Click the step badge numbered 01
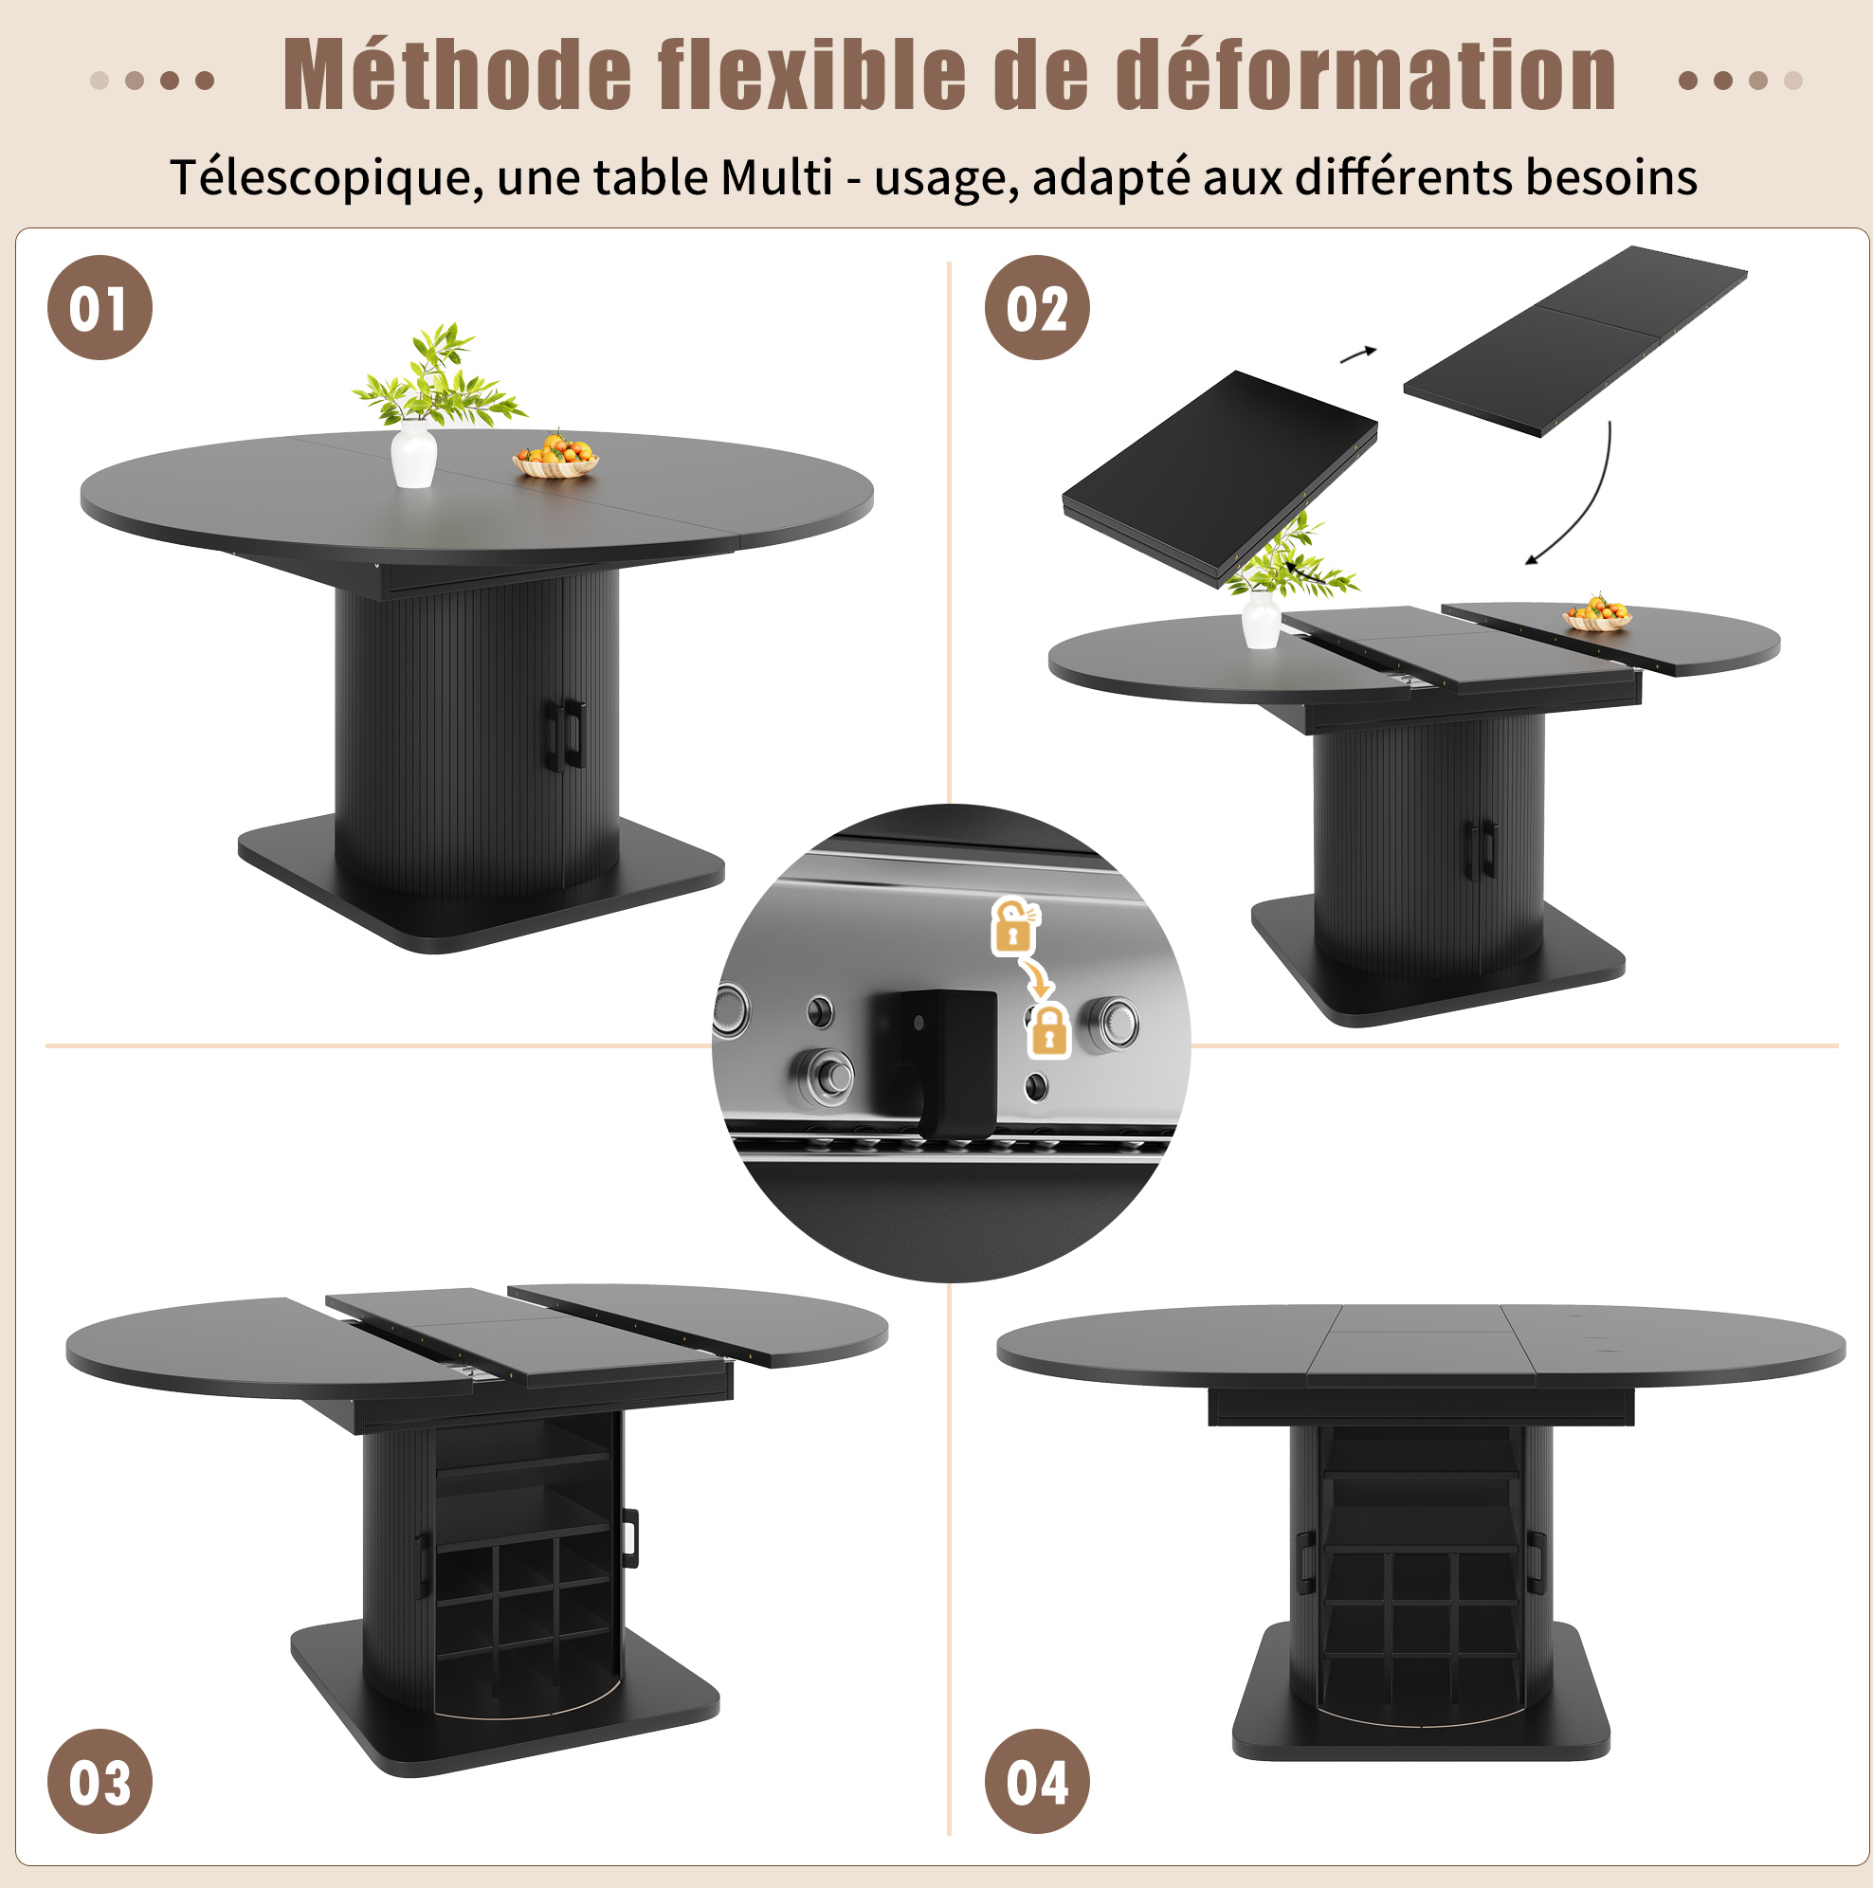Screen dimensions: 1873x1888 (100, 308)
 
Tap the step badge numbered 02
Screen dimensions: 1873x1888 (1036, 308)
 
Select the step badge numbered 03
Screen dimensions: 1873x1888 (100, 1782)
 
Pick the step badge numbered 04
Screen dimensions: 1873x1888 (1036, 1782)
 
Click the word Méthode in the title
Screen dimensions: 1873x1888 (458, 74)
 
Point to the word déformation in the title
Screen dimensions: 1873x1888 (1366, 74)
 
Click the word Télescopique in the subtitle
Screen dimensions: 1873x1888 (326, 179)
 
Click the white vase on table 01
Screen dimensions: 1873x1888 (413, 454)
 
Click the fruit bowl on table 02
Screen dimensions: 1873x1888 (1597, 614)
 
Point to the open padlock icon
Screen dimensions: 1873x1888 (1015, 925)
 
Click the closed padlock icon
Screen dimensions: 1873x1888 (1049, 1030)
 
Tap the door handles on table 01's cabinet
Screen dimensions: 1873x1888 (564, 734)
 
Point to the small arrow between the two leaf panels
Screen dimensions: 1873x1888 (1357, 354)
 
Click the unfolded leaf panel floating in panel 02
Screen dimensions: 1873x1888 (1574, 341)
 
